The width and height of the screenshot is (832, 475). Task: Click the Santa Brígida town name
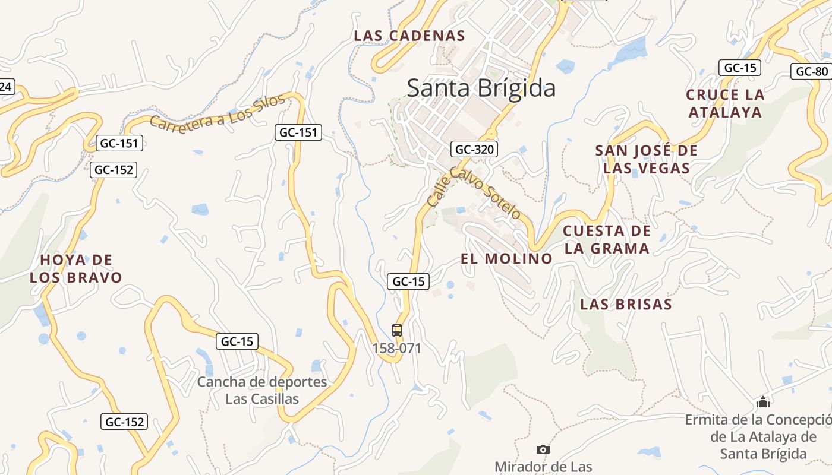point(481,88)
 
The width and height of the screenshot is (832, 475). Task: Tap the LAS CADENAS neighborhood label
point(409,36)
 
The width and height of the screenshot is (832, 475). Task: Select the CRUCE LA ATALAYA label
point(725,103)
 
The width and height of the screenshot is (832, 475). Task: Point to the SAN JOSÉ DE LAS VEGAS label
point(647,159)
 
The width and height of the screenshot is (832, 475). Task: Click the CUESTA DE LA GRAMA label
point(607,239)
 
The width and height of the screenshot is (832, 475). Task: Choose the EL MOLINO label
point(507,258)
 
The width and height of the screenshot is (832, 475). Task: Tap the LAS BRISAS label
point(626,305)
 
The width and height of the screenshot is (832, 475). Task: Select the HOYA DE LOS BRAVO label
point(76,268)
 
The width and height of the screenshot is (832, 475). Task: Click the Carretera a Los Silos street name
point(218,113)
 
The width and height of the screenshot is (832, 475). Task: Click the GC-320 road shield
point(474,149)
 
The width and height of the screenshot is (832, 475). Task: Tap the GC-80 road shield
point(812,72)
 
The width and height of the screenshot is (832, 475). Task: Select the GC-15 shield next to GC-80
point(739,68)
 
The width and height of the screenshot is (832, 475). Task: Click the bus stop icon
point(397,331)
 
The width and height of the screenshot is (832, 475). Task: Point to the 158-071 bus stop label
point(397,348)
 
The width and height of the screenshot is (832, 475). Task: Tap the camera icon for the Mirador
point(543,449)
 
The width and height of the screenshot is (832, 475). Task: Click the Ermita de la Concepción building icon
point(763,403)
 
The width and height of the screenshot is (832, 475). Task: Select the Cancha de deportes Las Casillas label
point(262,390)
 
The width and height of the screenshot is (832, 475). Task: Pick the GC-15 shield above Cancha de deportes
point(237,341)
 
